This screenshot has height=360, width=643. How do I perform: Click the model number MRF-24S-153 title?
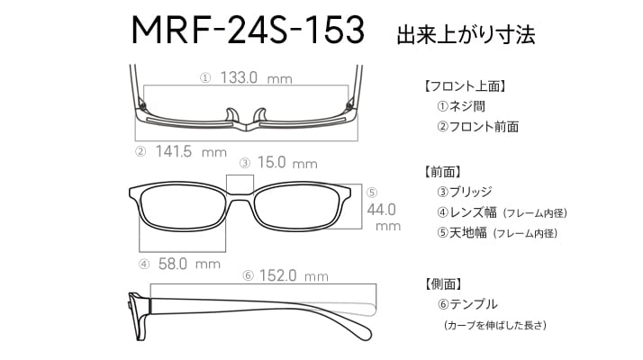pyautogui.click(x=248, y=30)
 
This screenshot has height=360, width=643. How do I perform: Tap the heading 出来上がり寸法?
pyautogui.click(x=466, y=35)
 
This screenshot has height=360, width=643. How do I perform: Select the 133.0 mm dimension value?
pyautogui.click(x=257, y=77)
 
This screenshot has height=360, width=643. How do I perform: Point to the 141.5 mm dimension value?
pyautogui.click(x=191, y=152)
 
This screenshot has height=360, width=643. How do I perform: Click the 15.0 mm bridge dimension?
pyautogui.click(x=287, y=163)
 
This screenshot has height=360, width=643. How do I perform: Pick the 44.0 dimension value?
pyautogui.click(x=381, y=210)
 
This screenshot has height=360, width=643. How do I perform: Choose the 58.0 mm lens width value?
pyautogui.click(x=189, y=264)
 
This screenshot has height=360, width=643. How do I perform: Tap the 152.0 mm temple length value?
pyautogui.click(x=294, y=275)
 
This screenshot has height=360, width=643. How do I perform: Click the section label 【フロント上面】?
pyautogui.click(x=464, y=86)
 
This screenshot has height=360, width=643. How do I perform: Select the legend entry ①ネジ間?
pyautogui.click(x=461, y=106)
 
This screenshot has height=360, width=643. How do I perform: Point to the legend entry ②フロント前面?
pyautogui.click(x=477, y=127)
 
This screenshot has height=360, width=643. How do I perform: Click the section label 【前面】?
pyautogui.click(x=441, y=172)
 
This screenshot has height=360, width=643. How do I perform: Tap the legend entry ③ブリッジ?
pyautogui.click(x=464, y=192)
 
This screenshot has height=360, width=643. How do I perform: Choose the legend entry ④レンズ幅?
pyautogui.click(x=466, y=212)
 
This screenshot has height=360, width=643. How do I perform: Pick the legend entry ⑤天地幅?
pyautogui.click(x=462, y=233)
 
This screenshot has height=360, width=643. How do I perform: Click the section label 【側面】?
pyautogui.click(x=441, y=283)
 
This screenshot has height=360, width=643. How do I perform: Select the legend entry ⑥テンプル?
pyautogui.click(x=467, y=304)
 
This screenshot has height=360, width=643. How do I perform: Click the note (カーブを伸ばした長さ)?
pyautogui.click(x=495, y=325)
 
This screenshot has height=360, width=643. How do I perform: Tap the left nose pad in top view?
pyautogui.click(x=231, y=115)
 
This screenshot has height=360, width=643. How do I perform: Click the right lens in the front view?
pyautogui.click(x=297, y=208)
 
